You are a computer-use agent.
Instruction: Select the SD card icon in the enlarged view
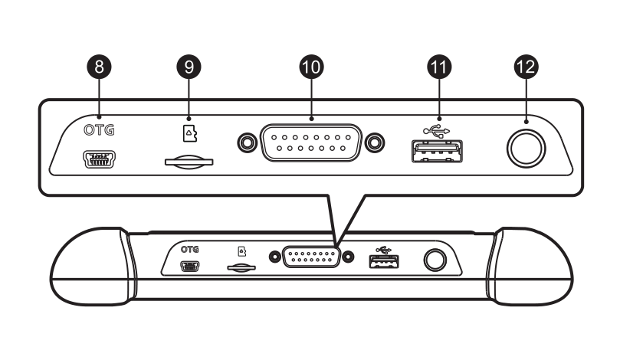coord(188,135)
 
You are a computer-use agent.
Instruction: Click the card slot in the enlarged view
coord(189,162)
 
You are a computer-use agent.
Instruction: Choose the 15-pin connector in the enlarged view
coord(310,142)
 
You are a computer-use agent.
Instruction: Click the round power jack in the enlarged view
coord(527,148)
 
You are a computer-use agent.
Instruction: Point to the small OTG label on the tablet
coord(189,250)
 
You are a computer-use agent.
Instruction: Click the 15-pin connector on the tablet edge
coord(312,257)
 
